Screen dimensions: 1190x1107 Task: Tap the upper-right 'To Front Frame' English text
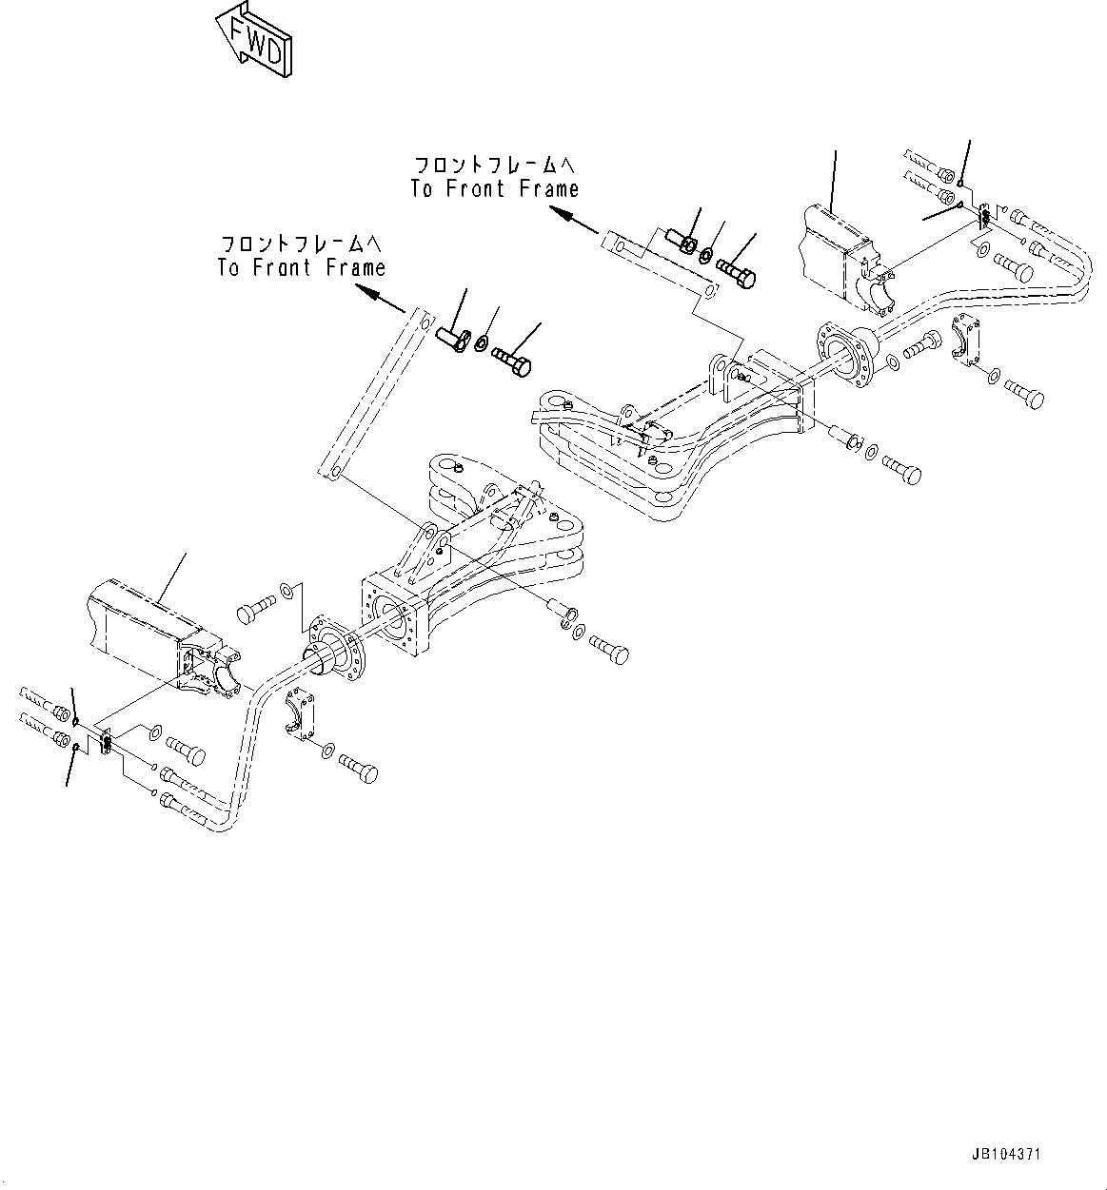(494, 188)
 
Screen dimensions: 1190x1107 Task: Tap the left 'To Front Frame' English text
(301, 267)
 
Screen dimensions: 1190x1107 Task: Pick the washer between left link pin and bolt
(482, 343)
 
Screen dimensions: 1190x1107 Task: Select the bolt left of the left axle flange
(250, 609)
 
